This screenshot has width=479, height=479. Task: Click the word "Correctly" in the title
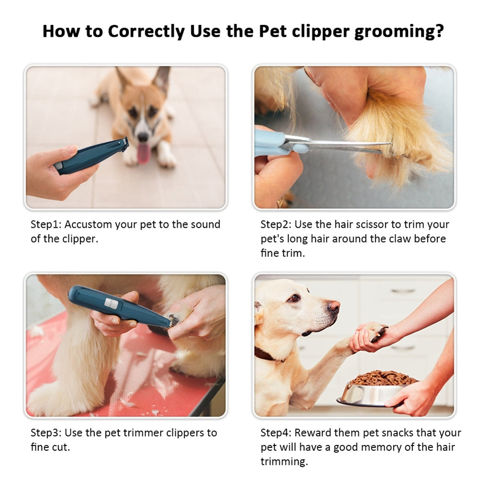(146, 32)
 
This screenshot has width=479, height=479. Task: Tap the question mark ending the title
(439, 32)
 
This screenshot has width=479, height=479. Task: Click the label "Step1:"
(46, 224)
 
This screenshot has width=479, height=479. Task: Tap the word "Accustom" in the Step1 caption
(89, 224)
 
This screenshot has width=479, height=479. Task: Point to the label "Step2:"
(276, 224)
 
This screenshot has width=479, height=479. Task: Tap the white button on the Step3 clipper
(111, 302)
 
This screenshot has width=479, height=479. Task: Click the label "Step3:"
(46, 433)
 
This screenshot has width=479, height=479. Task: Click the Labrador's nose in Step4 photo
(334, 306)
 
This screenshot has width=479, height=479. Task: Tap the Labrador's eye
(292, 298)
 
